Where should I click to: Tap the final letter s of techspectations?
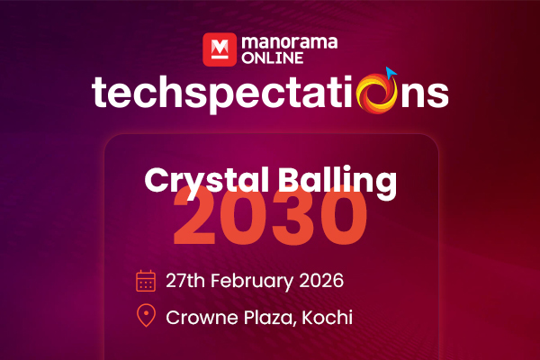[436, 94]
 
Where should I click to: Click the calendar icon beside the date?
[146, 280]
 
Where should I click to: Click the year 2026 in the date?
[321, 280]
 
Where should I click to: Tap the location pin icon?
[146, 316]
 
